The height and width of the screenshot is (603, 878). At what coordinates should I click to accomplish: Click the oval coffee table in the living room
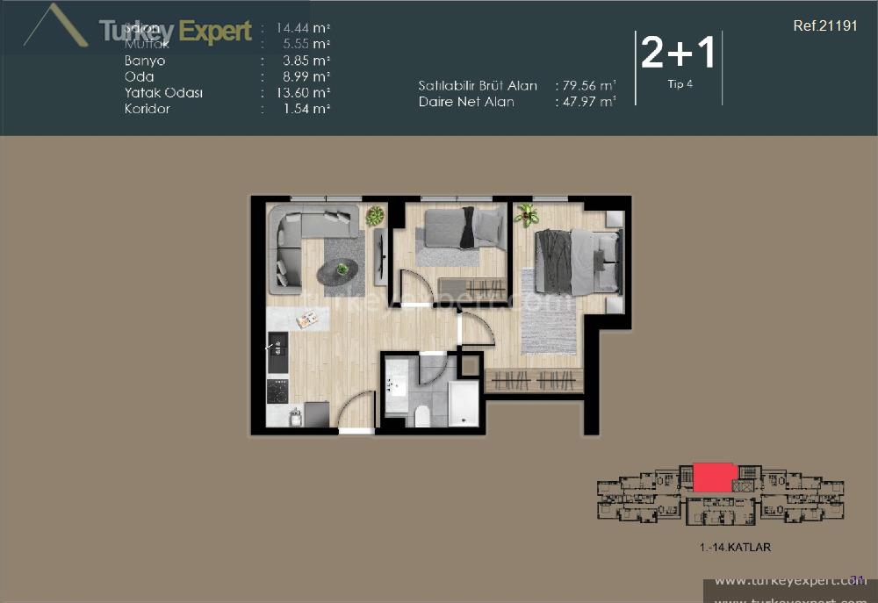tap(338, 273)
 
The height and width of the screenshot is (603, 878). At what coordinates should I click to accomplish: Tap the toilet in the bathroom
tap(421, 413)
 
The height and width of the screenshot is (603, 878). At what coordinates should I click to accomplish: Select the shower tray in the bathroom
tap(463, 403)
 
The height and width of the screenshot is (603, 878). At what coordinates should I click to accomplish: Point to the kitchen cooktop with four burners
tap(277, 390)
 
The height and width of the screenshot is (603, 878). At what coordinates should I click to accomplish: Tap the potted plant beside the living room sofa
tap(375, 215)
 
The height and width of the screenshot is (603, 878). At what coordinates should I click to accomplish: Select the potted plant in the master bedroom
tap(527, 213)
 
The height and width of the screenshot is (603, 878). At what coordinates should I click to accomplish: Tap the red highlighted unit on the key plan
tap(715, 477)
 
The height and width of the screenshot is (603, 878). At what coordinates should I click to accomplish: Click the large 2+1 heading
tap(678, 54)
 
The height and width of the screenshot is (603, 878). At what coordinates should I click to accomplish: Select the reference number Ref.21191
tap(824, 26)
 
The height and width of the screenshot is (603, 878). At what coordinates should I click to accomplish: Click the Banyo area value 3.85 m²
tap(303, 61)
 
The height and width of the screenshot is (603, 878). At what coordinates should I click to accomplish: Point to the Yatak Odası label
tap(164, 92)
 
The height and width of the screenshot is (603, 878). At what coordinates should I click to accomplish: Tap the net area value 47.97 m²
tap(587, 102)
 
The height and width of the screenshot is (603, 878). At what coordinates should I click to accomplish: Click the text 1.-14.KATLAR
tap(735, 548)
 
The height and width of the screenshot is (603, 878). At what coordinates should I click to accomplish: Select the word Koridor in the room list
tap(148, 109)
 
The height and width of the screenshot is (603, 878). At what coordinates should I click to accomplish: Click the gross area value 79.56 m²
tap(587, 86)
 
